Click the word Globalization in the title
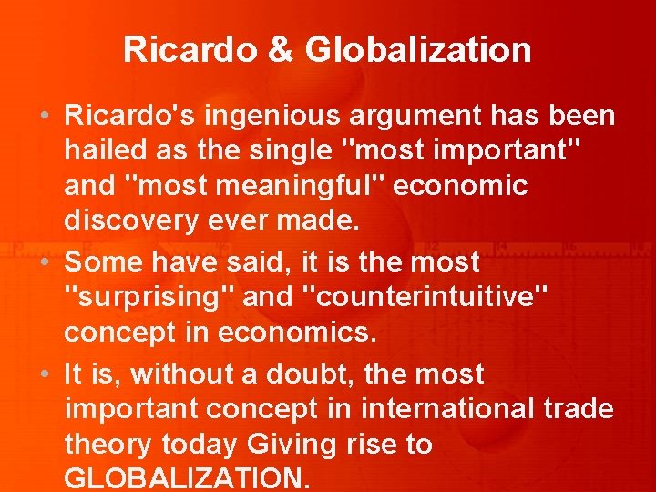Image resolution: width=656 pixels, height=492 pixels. (x=419, y=50)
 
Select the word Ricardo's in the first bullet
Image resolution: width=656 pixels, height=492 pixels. (x=127, y=117)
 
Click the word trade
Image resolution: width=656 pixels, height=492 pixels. (x=579, y=409)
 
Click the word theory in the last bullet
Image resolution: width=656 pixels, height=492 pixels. (x=108, y=445)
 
